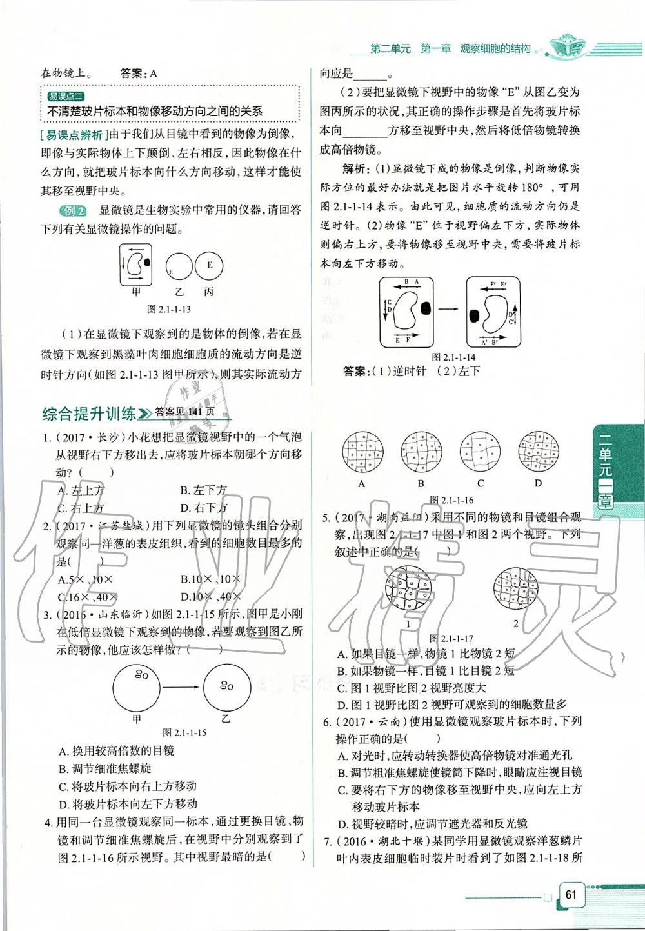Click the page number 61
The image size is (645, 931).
(x=570, y=894)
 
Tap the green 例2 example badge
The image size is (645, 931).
(x=72, y=211)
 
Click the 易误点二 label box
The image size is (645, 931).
(x=66, y=96)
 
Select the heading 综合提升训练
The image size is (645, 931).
(x=88, y=413)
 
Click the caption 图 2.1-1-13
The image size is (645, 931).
(x=169, y=309)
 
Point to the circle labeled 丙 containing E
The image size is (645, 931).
(x=210, y=265)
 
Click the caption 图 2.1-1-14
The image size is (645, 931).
(x=453, y=357)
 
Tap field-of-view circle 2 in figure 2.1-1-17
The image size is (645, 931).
(x=514, y=588)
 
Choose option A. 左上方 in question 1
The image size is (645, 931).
(x=81, y=490)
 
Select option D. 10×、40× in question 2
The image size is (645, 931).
(x=212, y=597)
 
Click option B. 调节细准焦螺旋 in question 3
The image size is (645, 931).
(x=104, y=768)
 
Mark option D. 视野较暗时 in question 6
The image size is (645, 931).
(x=432, y=824)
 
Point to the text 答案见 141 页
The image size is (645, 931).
(x=184, y=413)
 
